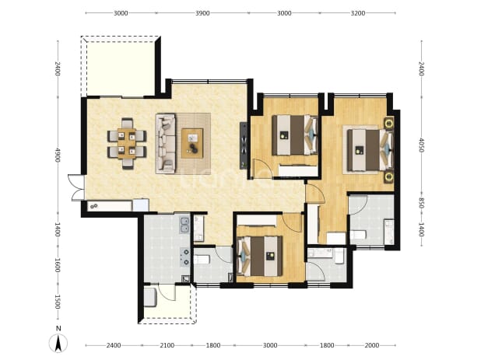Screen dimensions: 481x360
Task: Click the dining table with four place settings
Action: pyautogui.click(x=127, y=143)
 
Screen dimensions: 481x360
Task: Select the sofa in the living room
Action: pyautogui.click(x=166, y=143)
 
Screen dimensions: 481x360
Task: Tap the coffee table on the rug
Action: pyautogui.click(x=192, y=143)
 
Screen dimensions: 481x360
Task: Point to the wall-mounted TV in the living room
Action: pyautogui.click(x=244, y=145)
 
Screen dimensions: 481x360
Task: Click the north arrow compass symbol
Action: pyautogui.click(x=58, y=344)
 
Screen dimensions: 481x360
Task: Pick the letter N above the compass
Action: pyautogui.click(x=58, y=328)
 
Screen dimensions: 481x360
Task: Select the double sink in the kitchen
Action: pyautogui.click(x=184, y=225)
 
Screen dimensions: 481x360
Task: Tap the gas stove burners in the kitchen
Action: pyautogui.click(x=185, y=257)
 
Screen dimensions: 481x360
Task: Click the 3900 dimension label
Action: pyautogui.click(x=202, y=13)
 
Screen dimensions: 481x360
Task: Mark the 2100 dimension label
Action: pyautogui.click(x=167, y=345)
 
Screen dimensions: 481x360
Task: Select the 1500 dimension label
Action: pyautogui.click(x=58, y=302)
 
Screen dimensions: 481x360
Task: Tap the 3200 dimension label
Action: pyautogui.click(x=358, y=13)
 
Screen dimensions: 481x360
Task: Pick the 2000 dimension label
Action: pyautogui.click(x=372, y=345)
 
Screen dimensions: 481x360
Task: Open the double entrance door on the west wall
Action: pyautogui.click(x=76, y=187)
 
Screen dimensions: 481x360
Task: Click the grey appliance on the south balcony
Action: pyautogui.click(x=150, y=296)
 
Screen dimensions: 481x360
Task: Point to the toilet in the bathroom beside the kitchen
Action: pyautogui.click(x=202, y=260)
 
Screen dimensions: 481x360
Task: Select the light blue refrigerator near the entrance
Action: pyautogui.click(x=141, y=205)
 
